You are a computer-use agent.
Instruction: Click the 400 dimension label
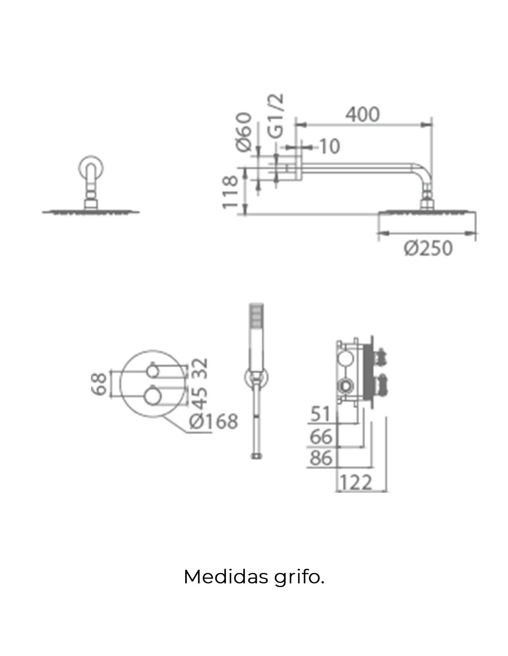(x=363, y=115)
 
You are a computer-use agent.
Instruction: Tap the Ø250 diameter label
(x=429, y=248)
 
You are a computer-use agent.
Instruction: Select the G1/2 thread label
(x=276, y=116)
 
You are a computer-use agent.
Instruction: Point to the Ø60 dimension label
(x=243, y=131)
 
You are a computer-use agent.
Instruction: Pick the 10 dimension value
(x=330, y=147)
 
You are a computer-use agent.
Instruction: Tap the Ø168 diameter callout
(x=213, y=421)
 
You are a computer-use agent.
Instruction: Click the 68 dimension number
(x=99, y=384)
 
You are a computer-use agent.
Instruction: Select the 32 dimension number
(x=200, y=368)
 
